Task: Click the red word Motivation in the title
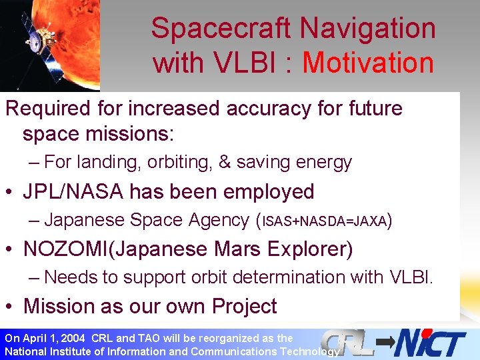(368, 63)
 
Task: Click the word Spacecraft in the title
(221, 29)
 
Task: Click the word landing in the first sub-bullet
(108, 162)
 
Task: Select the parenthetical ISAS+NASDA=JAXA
(325, 221)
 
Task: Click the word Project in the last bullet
(244, 306)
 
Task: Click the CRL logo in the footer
(345, 343)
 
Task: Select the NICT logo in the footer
(430, 343)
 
